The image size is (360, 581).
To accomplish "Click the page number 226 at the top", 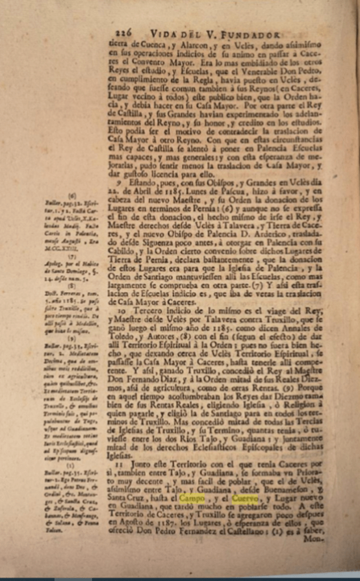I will [x=124, y=33].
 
